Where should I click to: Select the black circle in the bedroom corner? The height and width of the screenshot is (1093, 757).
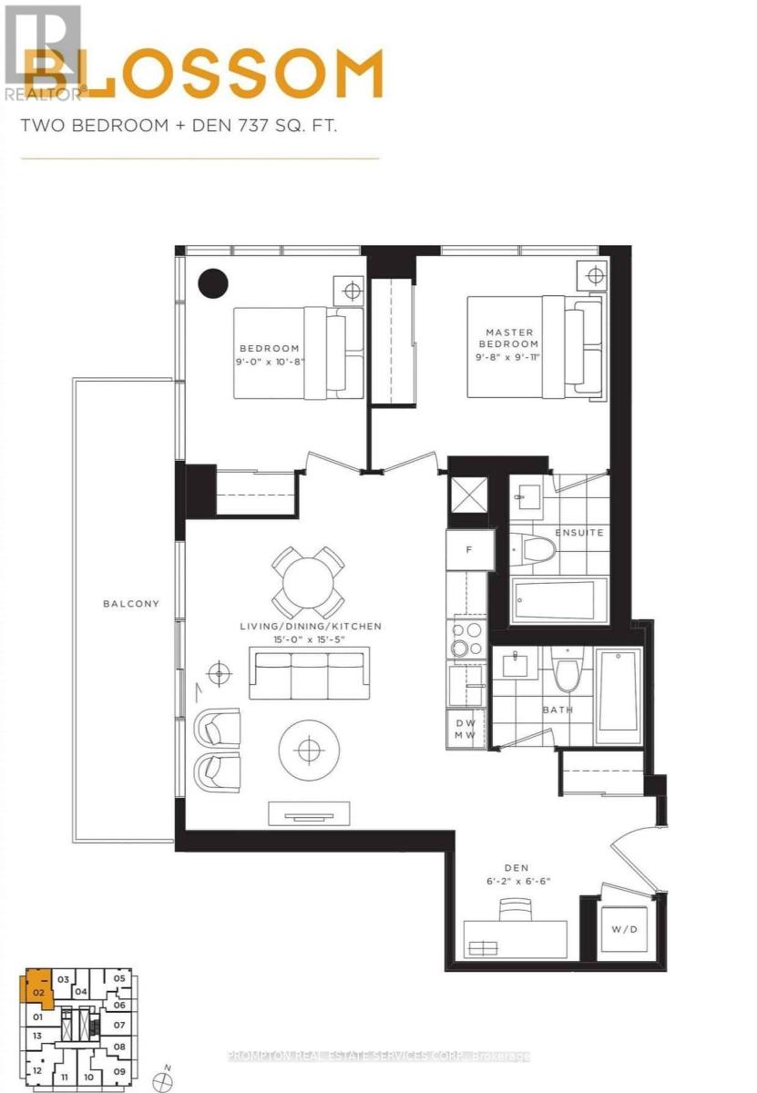(214, 284)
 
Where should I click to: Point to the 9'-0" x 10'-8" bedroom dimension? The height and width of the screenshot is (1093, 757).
(269, 362)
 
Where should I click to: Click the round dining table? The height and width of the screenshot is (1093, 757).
(308, 583)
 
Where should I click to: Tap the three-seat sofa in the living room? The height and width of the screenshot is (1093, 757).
(309, 674)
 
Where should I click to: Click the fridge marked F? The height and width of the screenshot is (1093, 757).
(467, 550)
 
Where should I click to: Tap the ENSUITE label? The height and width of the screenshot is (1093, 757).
(578, 533)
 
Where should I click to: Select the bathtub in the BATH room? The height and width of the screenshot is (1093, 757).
(619, 697)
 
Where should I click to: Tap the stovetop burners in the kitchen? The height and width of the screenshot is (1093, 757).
(465, 638)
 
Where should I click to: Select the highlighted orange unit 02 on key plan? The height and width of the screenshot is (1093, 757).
(38, 990)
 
